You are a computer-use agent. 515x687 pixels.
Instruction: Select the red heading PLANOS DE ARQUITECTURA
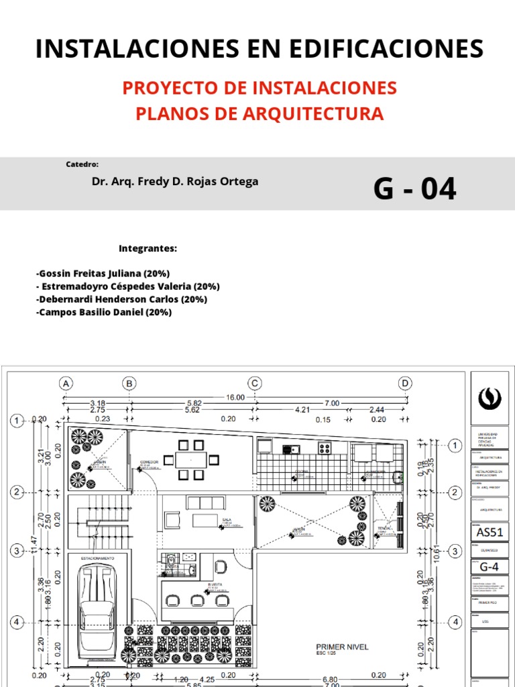(260, 113)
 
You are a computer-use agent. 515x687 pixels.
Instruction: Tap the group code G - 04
(414, 189)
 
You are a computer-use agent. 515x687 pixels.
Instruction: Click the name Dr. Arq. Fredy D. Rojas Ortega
(174, 182)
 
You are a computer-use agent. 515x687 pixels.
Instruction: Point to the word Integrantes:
(148, 249)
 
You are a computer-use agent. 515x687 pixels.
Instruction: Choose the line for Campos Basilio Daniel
(105, 312)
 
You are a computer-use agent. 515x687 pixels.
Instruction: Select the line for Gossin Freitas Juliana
(103, 274)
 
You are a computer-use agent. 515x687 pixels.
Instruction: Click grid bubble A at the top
(66, 384)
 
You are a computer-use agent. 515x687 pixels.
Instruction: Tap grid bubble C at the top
(255, 384)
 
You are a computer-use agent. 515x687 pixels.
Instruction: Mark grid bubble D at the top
(405, 384)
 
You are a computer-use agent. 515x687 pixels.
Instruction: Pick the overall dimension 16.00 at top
(235, 397)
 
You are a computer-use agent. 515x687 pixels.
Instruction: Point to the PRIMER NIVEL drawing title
(342, 647)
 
